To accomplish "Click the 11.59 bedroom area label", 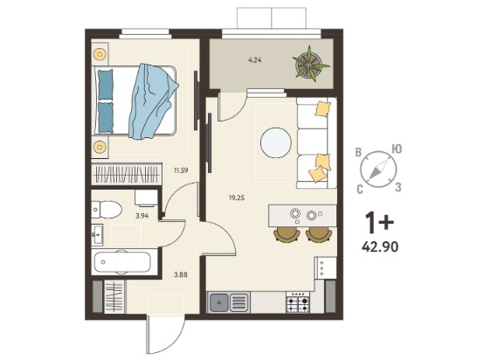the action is coord(181,170).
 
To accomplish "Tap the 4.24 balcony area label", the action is coord(254,60).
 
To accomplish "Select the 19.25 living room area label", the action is coord(237,197).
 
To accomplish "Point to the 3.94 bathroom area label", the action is coord(142,216).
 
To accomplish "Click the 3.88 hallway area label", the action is coord(181,274).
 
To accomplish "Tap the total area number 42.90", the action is coord(380,246).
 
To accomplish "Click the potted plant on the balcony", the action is coord(310,64).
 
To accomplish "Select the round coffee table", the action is coord(276,143).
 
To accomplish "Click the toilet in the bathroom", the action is coord(107,210).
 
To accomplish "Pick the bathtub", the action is coord(122,262).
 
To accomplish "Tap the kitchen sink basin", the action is coord(219,302).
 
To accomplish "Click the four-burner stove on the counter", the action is coord(298,302).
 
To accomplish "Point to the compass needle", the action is coord(378,170).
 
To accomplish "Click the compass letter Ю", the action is coord(397,149).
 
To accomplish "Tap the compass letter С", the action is coord(360,190).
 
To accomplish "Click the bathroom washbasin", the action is coord(97,235).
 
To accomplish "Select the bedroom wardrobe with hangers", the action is coord(127,175).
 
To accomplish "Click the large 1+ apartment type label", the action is coord(379,222).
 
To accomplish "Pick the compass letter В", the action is coord(358,152).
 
